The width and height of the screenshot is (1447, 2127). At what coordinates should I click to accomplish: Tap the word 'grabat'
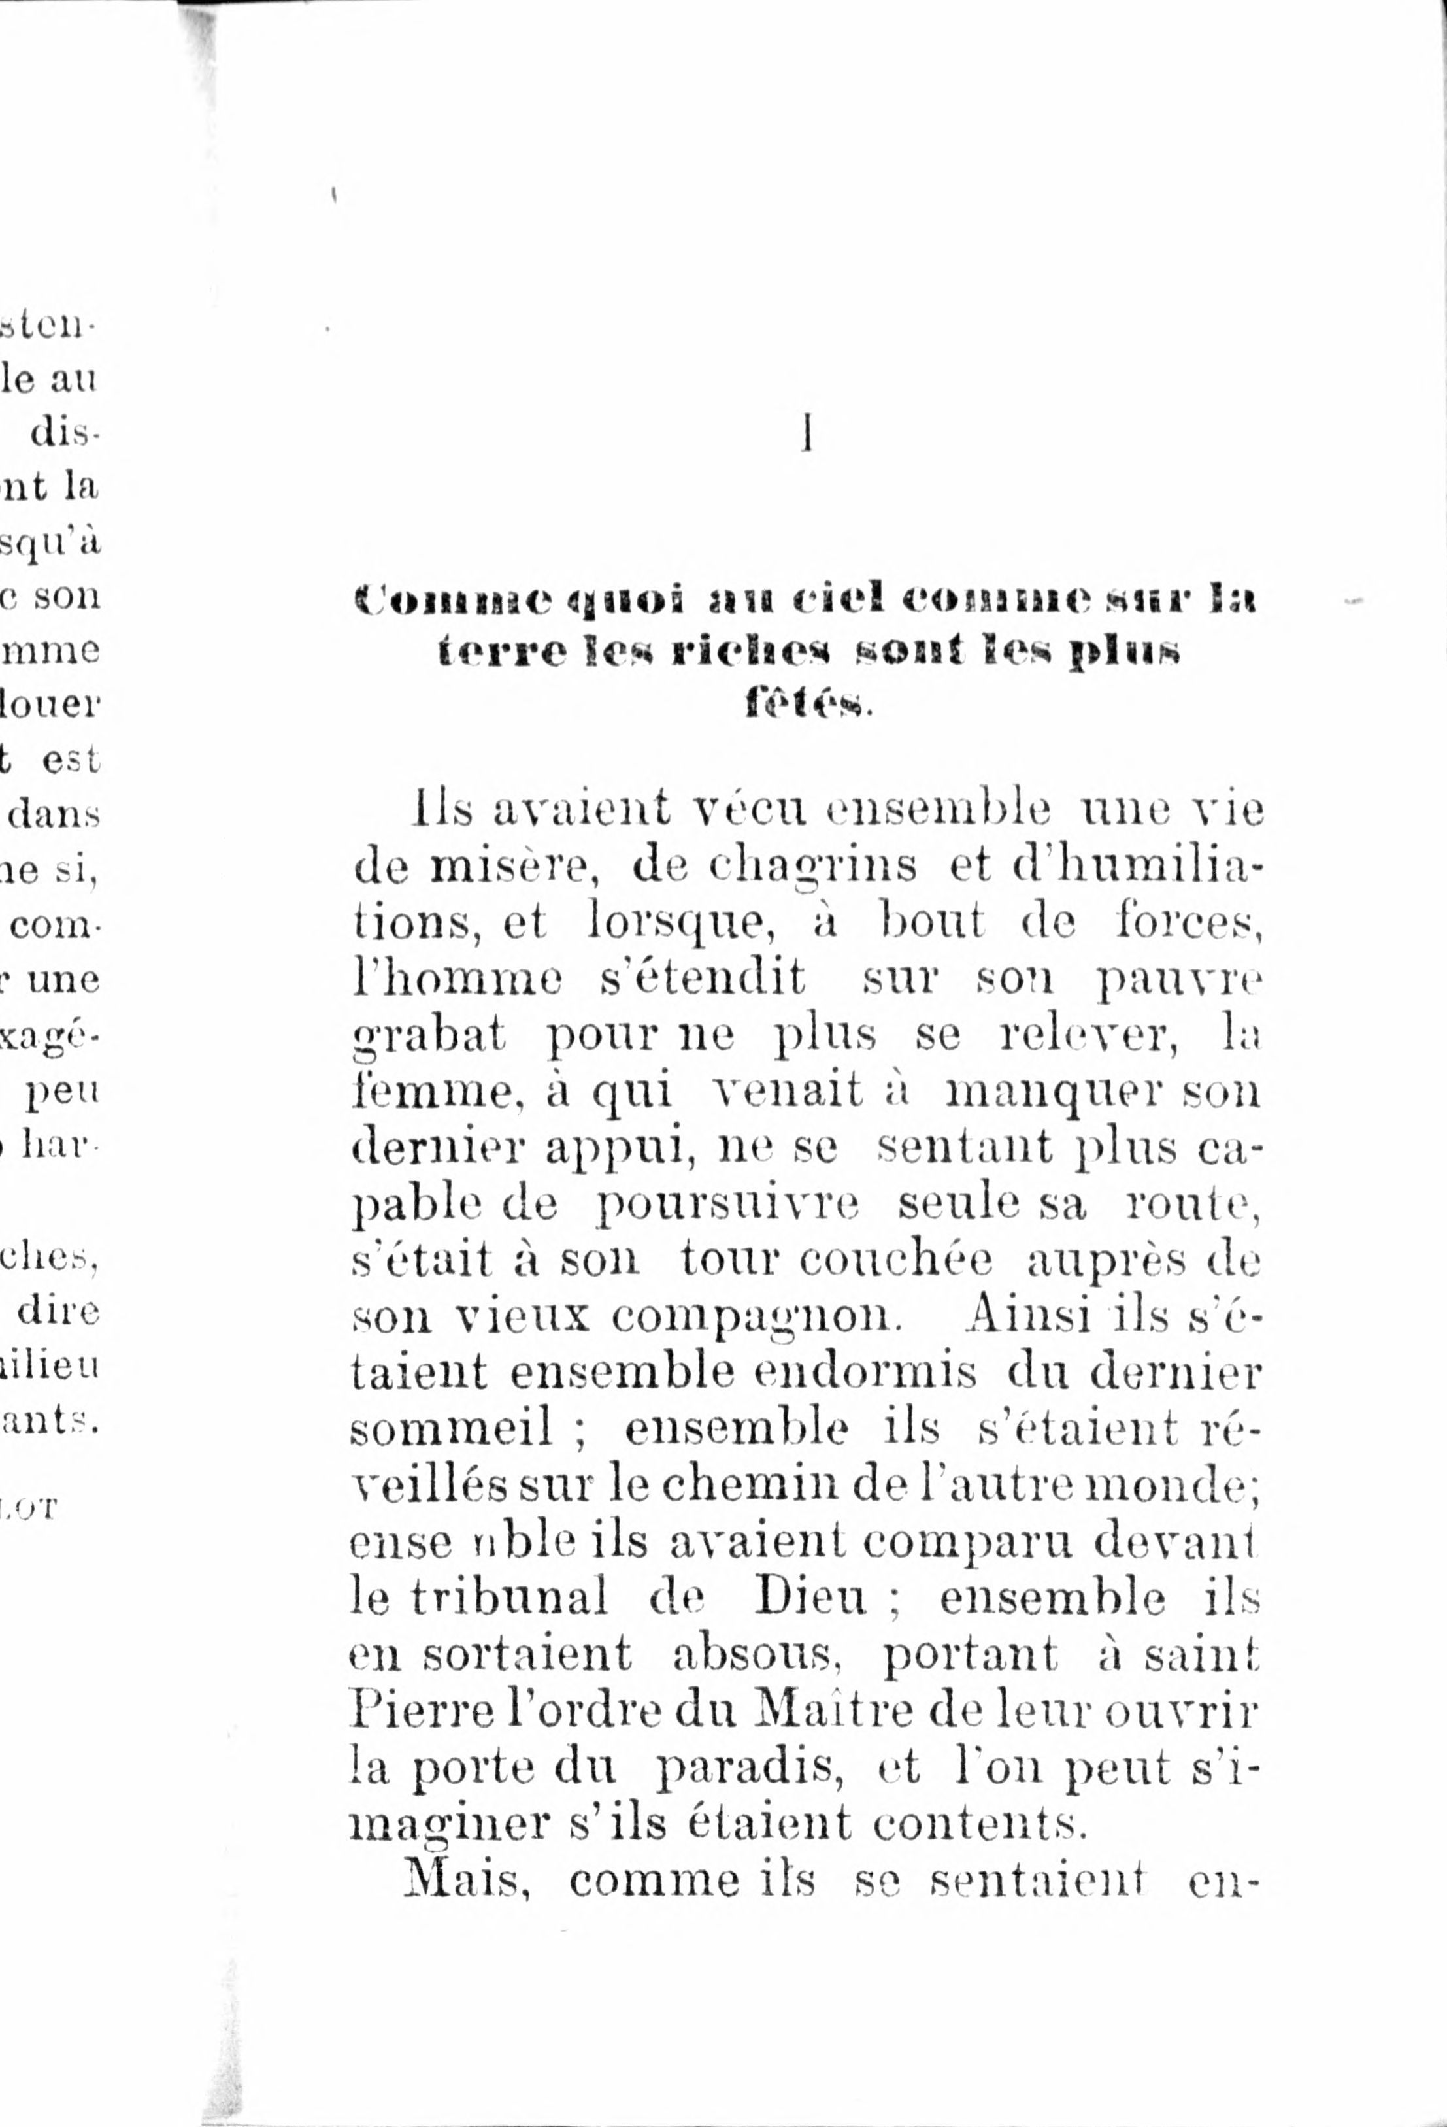pos(428,1036)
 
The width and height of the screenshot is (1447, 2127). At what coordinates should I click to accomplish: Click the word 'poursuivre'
pos(727,1205)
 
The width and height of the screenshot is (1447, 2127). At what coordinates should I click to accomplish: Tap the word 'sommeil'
pos(451,1429)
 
